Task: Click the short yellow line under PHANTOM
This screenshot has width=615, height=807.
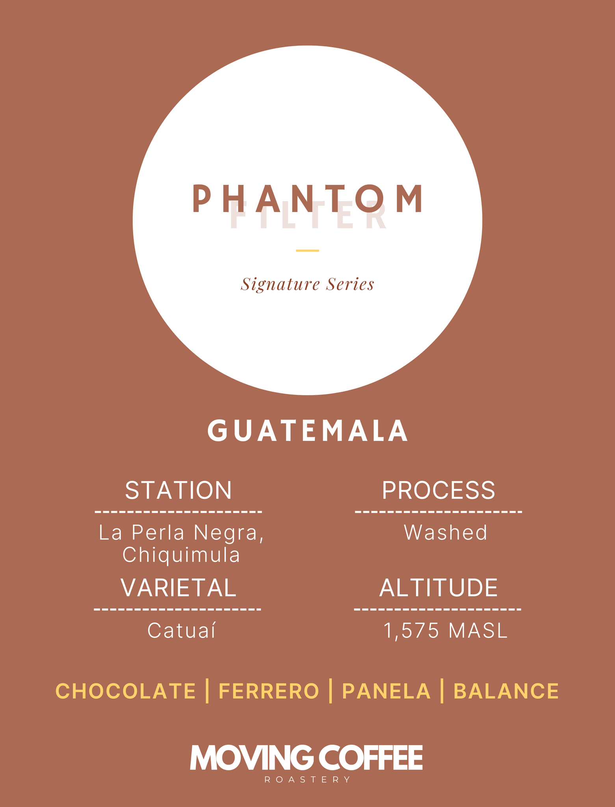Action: tap(307, 250)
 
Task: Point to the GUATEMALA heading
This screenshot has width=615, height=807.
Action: tap(308, 431)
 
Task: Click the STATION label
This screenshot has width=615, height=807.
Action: tap(178, 490)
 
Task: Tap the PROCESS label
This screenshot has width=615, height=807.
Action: tap(438, 490)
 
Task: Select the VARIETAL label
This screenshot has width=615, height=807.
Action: tap(178, 588)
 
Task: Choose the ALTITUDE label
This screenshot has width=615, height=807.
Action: tap(438, 588)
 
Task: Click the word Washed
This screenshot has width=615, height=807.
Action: tap(446, 532)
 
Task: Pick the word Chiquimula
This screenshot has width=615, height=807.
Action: tap(181, 555)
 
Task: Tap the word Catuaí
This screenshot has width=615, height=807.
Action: tap(182, 630)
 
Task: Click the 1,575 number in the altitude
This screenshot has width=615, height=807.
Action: tap(411, 631)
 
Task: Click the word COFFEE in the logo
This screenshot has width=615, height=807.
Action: tap(370, 757)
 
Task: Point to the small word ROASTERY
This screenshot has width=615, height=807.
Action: tap(307, 779)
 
